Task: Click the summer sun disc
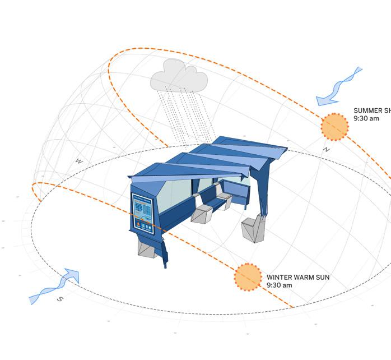pyautogui.click(x=334, y=126)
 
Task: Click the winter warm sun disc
pyautogui.click(x=247, y=277)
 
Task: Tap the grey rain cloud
pyautogui.click(x=178, y=77)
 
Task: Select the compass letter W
pyautogui.click(x=79, y=161)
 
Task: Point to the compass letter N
pyautogui.click(x=326, y=150)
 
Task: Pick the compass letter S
pyautogui.click(x=60, y=299)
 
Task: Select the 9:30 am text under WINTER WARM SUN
pyautogui.click(x=279, y=285)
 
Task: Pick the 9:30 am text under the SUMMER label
pyautogui.click(x=366, y=119)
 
